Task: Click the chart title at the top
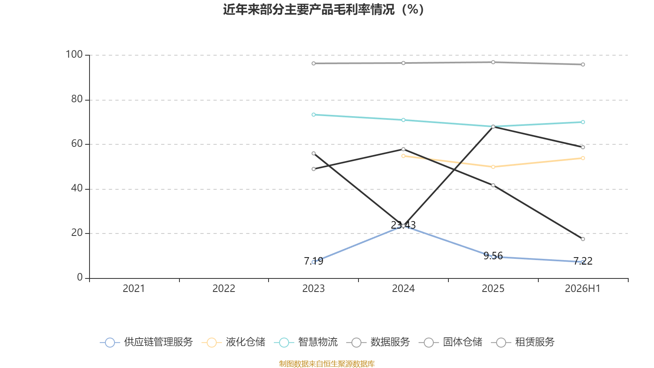point(323,10)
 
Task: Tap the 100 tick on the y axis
point(74,54)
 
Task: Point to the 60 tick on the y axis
point(77,144)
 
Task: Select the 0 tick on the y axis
point(80,277)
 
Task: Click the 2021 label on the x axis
point(134,289)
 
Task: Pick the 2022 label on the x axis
point(224,289)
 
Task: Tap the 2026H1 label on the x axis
point(582,289)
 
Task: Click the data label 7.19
point(314,261)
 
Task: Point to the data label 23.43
point(403,225)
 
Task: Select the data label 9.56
point(493,256)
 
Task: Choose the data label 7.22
point(583,261)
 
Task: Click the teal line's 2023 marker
point(314,115)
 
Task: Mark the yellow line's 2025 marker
point(493,167)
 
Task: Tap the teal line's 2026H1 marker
point(583,122)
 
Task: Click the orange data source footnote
point(327,364)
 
